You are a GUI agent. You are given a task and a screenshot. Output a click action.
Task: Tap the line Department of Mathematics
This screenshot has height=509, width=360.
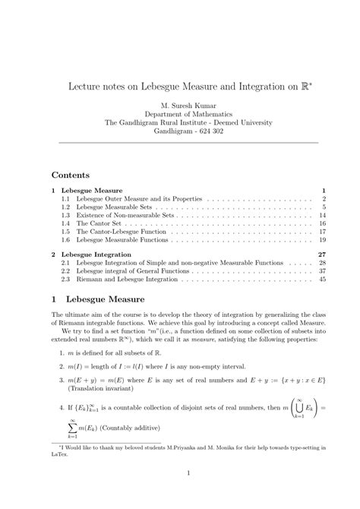[x=180, y=113]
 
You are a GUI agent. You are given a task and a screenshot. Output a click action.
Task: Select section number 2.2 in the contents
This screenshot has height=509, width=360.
[x=66, y=270]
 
